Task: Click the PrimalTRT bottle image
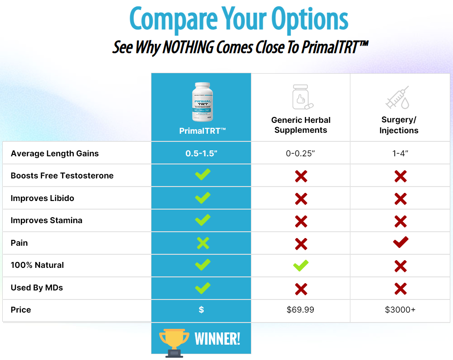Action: tap(202, 103)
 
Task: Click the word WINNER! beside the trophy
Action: tap(217, 338)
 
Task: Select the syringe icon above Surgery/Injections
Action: tap(397, 98)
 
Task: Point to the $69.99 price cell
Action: tap(300, 310)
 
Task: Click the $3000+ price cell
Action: tap(400, 310)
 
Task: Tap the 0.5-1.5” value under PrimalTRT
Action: tap(201, 153)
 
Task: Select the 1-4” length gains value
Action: tap(400, 153)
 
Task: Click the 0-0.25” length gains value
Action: tap(300, 153)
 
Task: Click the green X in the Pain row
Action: tap(203, 243)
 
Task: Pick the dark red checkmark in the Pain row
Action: tap(401, 243)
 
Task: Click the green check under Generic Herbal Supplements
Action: tap(301, 265)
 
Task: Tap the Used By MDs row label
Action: tap(37, 288)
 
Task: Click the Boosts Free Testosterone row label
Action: tap(62, 176)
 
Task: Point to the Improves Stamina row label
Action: tap(47, 220)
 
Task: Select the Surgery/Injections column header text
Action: tap(399, 125)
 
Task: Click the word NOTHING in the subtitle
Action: tap(187, 47)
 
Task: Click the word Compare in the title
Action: tap(174, 19)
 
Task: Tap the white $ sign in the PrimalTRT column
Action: tap(201, 310)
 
